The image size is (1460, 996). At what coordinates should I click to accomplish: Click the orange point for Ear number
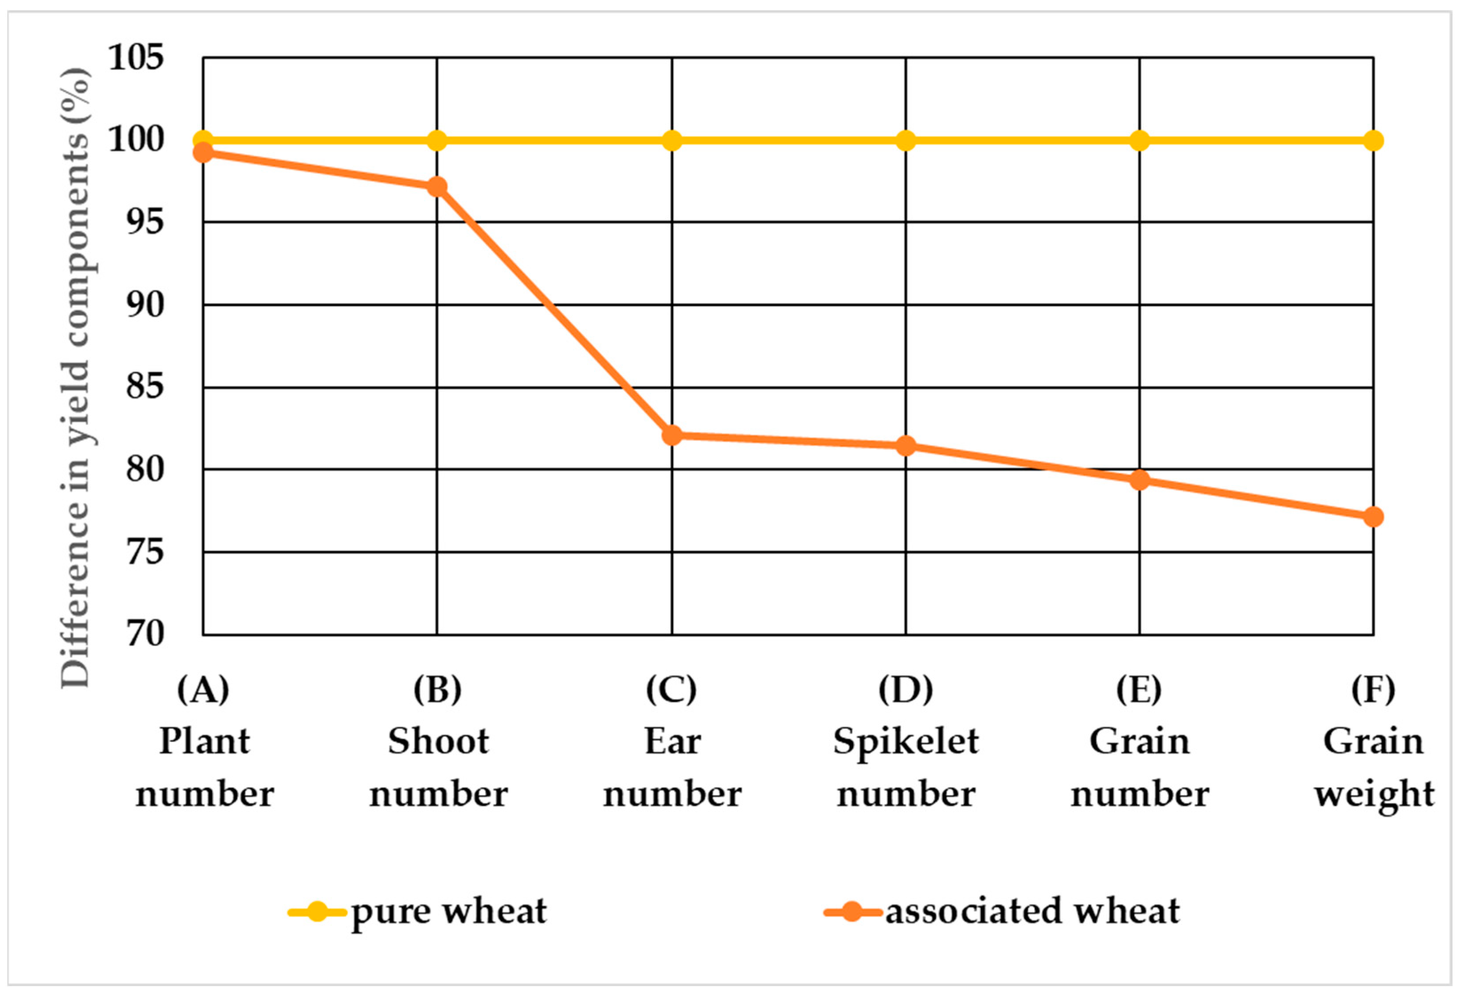coord(671,435)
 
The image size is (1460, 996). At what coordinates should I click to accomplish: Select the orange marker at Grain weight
coord(1373,517)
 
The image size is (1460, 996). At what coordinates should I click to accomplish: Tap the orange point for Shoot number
coord(437,187)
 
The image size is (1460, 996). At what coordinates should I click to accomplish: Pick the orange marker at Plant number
coord(203,152)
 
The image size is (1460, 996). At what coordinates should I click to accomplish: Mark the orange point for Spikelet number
coord(905,446)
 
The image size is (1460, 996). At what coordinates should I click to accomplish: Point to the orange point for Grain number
coord(1139,480)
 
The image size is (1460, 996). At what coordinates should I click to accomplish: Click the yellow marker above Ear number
coord(671,140)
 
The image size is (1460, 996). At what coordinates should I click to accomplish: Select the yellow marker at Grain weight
coord(1373,140)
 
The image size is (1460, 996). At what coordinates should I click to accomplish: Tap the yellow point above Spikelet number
coord(905,140)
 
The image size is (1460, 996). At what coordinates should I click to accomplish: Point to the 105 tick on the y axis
coord(136,58)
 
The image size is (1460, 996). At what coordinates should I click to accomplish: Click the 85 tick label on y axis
coord(144,386)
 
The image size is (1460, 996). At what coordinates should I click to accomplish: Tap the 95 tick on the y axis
coord(144,221)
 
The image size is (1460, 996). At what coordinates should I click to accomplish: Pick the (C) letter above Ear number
coord(671,689)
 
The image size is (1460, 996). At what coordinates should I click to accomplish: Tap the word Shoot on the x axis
coord(438,741)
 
